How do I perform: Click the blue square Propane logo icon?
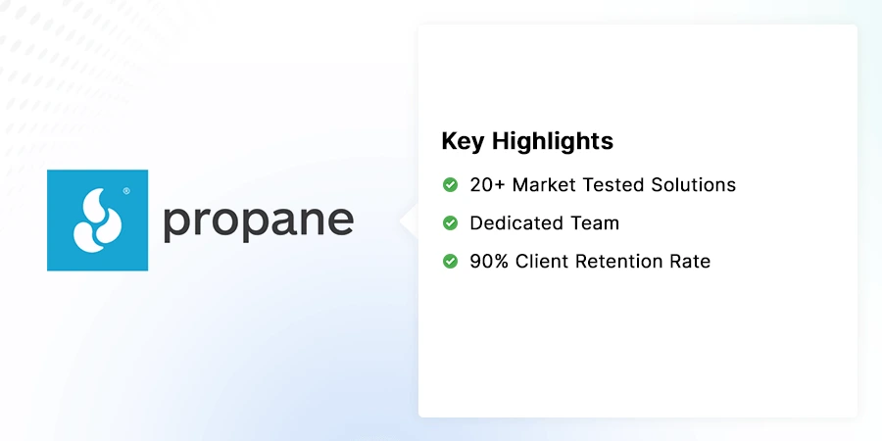(97, 220)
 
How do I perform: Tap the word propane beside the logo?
(258, 221)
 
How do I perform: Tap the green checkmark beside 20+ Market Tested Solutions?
(450, 184)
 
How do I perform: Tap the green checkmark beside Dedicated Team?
(450, 223)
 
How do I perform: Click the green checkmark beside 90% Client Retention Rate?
(450, 262)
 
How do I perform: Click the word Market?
(545, 184)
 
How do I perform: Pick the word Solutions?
(695, 184)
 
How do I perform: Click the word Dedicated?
(514, 223)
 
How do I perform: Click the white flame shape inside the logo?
(96, 220)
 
